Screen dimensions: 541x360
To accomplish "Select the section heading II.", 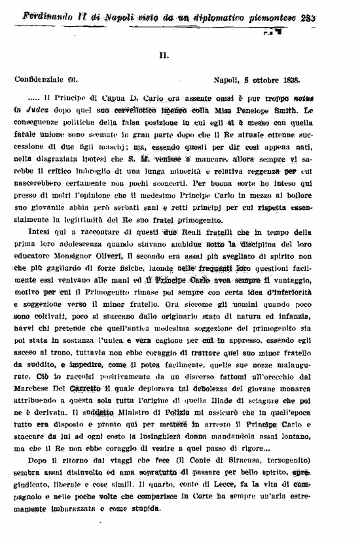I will pos(164,56).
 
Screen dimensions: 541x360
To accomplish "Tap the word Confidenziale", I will pos(39,80).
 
